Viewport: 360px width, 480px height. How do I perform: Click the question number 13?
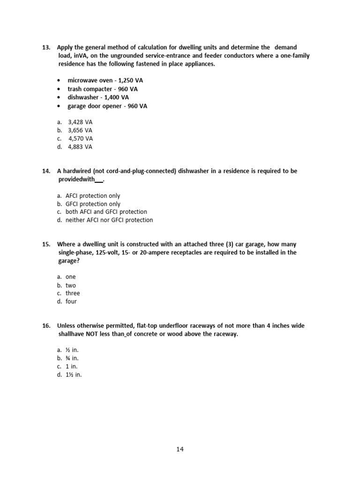click(46, 47)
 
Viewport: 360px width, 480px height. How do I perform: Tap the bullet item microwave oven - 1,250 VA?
click(105, 81)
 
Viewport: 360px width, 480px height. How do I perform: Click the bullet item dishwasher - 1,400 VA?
click(98, 97)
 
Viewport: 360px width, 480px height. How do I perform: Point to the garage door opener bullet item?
click(107, 106)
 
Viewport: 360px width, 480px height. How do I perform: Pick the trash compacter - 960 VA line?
click(102, 89)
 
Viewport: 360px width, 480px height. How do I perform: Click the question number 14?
click(46, 171)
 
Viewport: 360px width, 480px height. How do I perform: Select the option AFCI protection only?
click(93, 195)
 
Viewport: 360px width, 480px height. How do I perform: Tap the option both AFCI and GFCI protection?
click(106, 212)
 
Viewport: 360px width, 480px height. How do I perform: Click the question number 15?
click(46, 244)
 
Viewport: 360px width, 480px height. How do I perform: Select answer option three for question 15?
click(73, 293)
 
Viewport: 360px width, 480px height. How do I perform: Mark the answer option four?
click(71, 301)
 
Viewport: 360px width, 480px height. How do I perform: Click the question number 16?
click(46, 326)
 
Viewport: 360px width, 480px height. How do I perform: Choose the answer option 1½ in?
click(74, 375)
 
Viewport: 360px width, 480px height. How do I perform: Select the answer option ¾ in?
click(72, 358)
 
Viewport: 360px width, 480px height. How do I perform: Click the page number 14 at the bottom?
click(180, 450)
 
